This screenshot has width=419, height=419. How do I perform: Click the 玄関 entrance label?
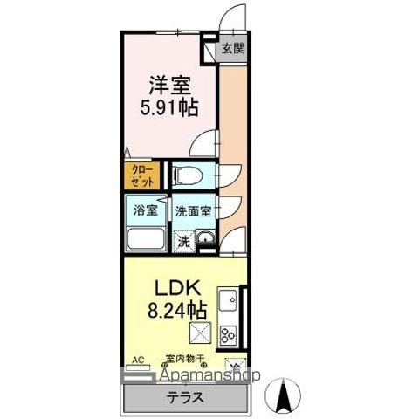231,49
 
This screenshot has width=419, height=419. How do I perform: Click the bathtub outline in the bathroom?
146,239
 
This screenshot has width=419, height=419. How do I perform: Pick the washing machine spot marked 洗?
183,241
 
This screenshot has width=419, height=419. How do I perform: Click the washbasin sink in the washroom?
205,240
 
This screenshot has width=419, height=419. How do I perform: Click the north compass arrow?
284,397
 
